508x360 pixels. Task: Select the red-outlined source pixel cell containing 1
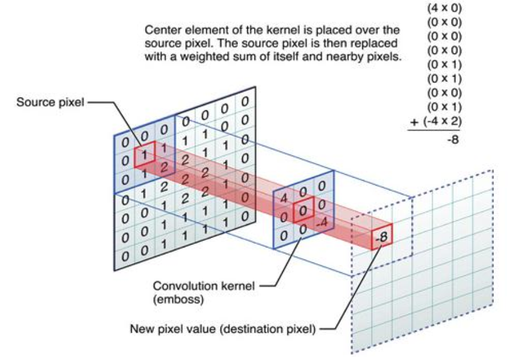click(144, 155)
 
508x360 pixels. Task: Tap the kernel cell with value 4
click(283, 198)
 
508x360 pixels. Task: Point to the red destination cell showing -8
click(381, 236)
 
